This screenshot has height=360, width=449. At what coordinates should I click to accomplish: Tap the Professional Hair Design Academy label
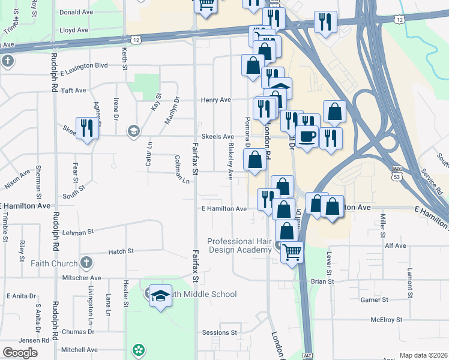[x=239, y=245]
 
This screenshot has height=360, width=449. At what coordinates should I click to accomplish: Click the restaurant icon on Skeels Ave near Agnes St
[x=88, y=128]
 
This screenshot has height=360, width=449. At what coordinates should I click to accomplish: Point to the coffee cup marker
[x=307, y=137]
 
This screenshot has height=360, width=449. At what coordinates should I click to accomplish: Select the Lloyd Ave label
[x=74, y=29]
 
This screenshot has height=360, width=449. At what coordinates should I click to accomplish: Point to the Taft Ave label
[x=73, y=90]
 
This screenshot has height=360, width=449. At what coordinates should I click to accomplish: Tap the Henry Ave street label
[x=216, y=100]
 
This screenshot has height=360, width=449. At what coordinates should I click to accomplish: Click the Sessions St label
[x=220, y=332]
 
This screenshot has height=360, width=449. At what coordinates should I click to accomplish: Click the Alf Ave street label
[x=396, y=245]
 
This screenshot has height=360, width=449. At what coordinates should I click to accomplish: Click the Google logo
[x=20, y=353]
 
